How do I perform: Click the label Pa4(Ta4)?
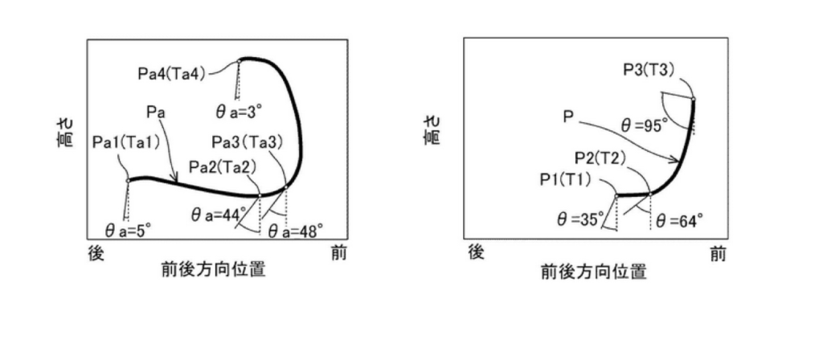tap(172, 73)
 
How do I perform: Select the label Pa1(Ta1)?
tap(126, 142)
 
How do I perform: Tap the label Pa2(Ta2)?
tap(223, 167)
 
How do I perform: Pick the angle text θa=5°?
tap(128, 231)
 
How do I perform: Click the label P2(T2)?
tap(600, 158)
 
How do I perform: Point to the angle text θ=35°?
tap(579, 220)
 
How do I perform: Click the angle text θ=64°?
tap(679, 221)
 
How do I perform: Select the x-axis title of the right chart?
tap(593, 272)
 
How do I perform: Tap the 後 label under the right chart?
tap(476, 252)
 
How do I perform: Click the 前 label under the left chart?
tap(338, 253)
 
